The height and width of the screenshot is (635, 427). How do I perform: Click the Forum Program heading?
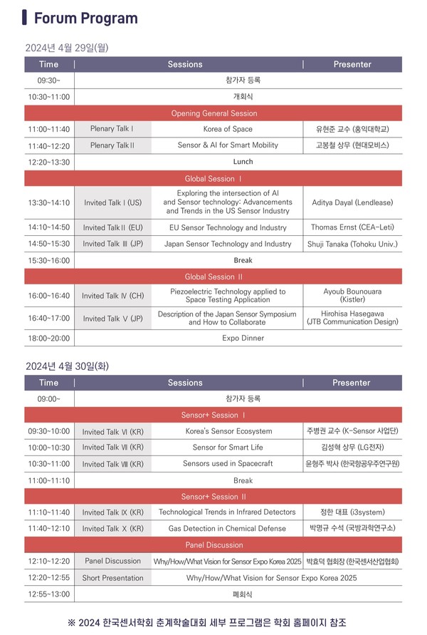pos(85,18)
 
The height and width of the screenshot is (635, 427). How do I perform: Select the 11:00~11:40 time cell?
pos(49,129)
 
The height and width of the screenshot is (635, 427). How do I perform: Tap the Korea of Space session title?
pos(227,129)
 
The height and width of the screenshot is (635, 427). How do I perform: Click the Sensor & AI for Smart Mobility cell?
pos(227,145)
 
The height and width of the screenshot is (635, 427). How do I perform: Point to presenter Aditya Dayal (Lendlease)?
pos(352,202)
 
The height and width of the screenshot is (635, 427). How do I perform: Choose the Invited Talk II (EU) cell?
pos(112,228)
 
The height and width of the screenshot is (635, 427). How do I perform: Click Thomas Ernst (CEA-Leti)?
pos(352,228)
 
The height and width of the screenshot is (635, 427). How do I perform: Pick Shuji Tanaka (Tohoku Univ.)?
pos(352,244)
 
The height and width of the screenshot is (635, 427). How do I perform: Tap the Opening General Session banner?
pos(213,113)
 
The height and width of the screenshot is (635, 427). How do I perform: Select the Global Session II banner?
pos(213,277)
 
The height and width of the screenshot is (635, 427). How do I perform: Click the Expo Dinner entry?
pos(243,339)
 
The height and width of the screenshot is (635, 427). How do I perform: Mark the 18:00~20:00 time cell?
pos(49,339)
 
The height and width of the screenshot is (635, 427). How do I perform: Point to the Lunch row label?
pos(243,162)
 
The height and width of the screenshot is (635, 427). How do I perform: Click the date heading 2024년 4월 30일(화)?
pos(67,366)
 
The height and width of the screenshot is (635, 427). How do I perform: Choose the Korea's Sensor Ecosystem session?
pos(228,431)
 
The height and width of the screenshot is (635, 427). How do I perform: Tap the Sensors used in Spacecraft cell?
pos(228,464)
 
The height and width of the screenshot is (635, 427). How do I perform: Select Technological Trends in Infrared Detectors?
pos(227,512)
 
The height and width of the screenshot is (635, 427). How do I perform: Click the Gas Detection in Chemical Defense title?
pos(227,529)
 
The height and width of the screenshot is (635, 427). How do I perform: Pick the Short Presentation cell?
pos(112,578)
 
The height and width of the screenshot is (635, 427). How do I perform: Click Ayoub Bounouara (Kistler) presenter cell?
pos(352,296)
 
